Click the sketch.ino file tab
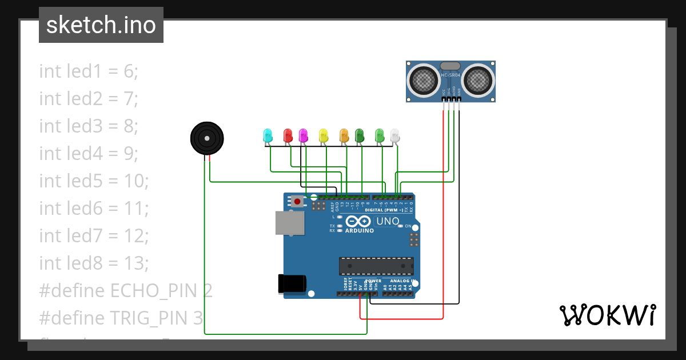[101, 25]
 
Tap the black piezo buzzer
[206, 138]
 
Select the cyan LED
[267, 135]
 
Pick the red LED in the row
[288, 135]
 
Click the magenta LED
[303, 135]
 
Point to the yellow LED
[324, 135]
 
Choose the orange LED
[344, 135]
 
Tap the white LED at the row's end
[395, 135]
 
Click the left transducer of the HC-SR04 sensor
[424, 80]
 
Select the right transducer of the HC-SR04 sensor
[477, 80]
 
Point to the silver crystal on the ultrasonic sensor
[450, 67]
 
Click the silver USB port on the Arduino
[289, 223]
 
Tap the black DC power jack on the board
[292, 284]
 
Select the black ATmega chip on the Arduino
[376, 266]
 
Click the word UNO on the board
[387, 221]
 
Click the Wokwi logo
[607, 315]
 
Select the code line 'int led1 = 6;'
[89, 71]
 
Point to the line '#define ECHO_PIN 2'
[126, 291]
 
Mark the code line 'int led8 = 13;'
[94, 263]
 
